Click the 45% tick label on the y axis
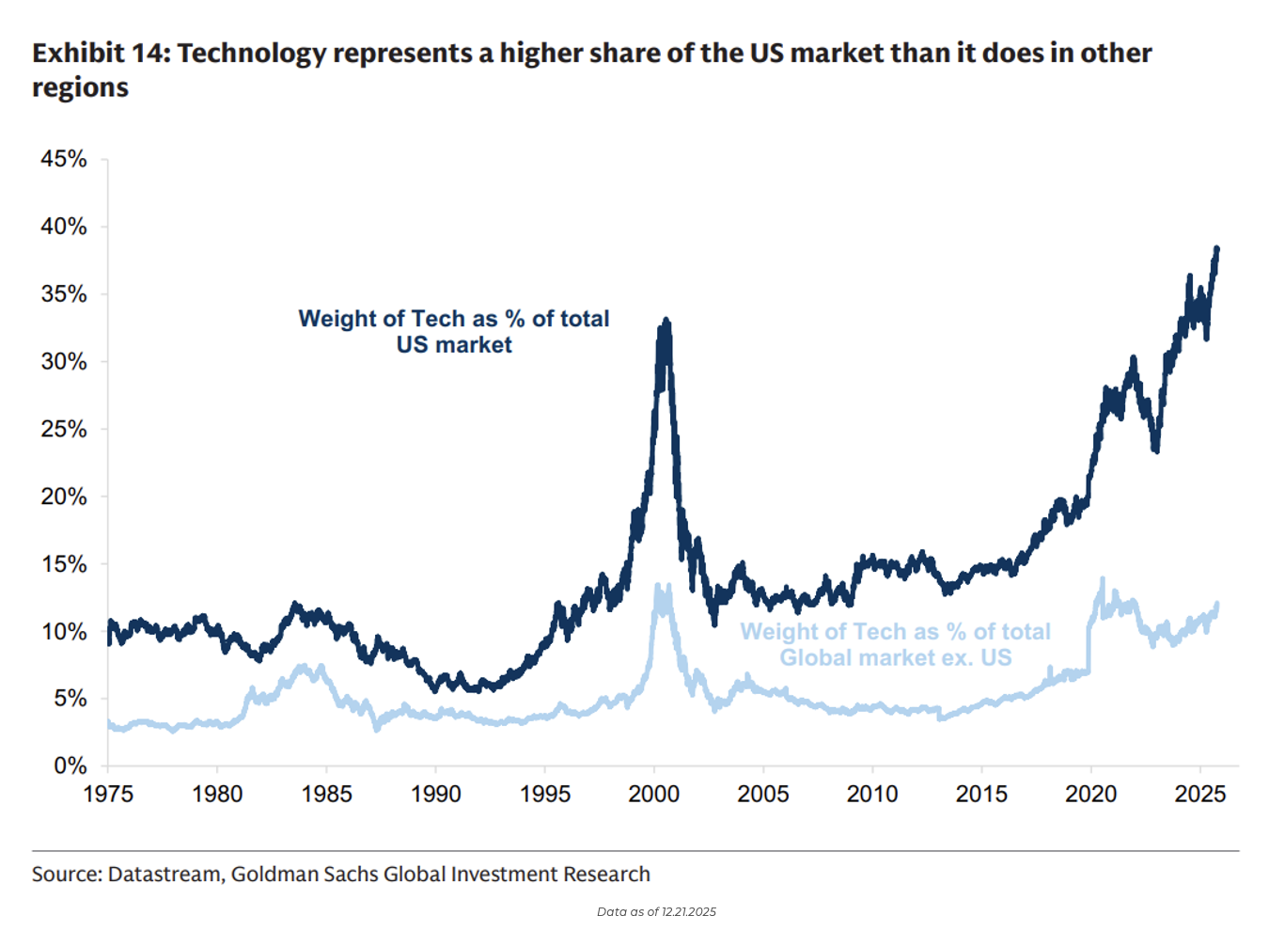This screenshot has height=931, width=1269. click(x=63, y=159)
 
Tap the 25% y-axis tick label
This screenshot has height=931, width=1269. click(x=63, y=429)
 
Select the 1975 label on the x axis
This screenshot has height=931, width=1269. click(x=108, y=794)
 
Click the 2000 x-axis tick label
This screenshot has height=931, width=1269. click(x=654, y=794)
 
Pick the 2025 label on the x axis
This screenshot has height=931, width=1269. click(x=1200, y=794)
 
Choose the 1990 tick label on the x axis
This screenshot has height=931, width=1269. click(x=436, y=794)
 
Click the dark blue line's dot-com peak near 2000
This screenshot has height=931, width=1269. click(x=666, y=321)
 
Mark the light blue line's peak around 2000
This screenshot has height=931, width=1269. click(x=658, y=585)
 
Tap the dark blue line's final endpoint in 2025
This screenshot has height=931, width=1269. click(x=1217, y=248)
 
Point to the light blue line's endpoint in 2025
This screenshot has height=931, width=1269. click(x=1217, y=604)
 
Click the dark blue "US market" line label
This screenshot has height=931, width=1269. click(x=454, y=332)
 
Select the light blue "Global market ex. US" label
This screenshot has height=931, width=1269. click(x=895, y=644)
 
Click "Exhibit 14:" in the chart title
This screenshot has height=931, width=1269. click(x=101, y=54)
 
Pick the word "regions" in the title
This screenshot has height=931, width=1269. click(x=80, y=87)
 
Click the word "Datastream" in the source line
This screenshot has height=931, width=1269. click(x=164, y=875)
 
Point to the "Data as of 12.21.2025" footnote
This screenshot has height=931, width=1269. click(x=656, y=911)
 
